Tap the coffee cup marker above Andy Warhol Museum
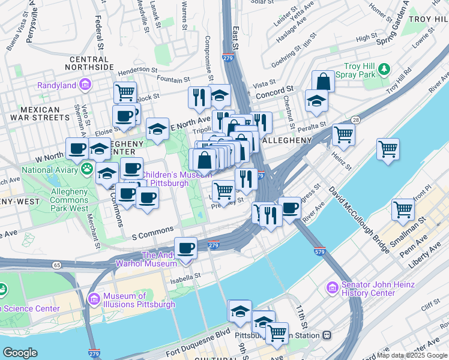point(186,248)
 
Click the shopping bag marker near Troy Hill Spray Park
point(323,82)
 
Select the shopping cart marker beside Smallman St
point(403,209)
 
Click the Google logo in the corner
point(20,352)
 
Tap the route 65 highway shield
point(56,264)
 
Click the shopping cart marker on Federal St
point(125,93)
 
